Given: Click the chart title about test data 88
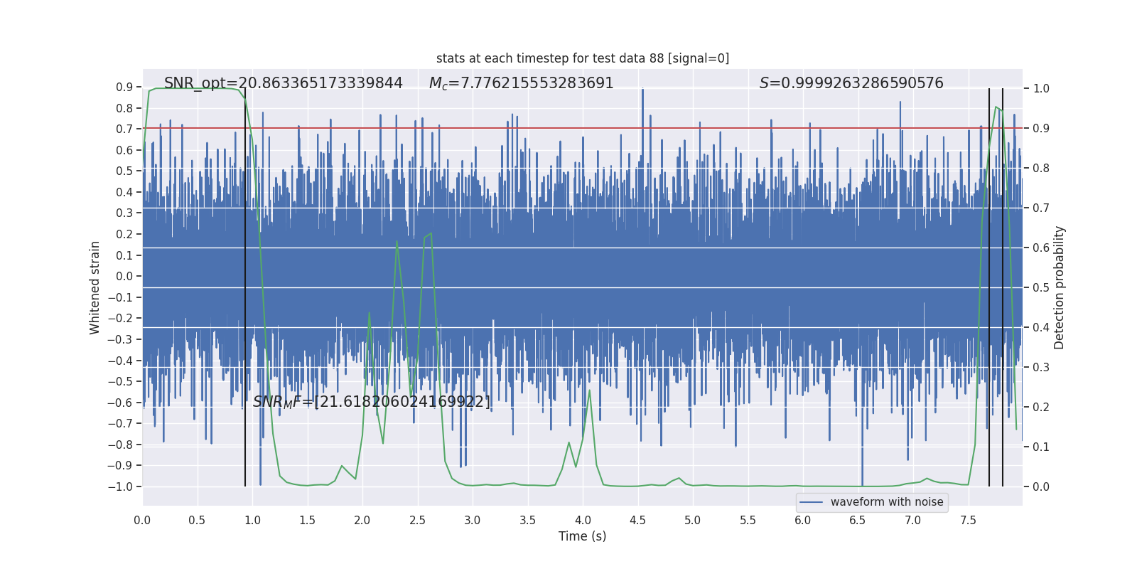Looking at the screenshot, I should tap(583, 58).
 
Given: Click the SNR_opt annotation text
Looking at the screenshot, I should tap(283, 83).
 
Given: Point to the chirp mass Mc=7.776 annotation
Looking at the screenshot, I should tap(521, 83).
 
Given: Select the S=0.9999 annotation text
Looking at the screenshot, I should tap(851, 83).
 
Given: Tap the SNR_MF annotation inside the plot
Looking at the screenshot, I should tap(371, 402).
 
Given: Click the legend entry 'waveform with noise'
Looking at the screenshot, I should tap(886, 502).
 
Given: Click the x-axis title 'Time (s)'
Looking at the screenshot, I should tap(582, 536).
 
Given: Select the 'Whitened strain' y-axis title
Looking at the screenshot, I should tap(95, 287).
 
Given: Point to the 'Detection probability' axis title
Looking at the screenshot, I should tap(1059, 287).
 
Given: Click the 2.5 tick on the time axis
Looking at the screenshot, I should tap(417, 521).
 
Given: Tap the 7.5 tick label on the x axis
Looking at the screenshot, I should tap(968, 521).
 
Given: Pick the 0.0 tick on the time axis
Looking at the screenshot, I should tap(142, 521).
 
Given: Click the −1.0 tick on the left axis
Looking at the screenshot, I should tap(124, 486).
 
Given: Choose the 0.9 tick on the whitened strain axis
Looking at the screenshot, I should tap(124, 87).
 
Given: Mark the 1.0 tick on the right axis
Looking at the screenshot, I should tap(1041, 89).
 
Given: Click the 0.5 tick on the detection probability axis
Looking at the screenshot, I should tap(1041, 288).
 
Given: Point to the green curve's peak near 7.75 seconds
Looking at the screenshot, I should tap(996, 107).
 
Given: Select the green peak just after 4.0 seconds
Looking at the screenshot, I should tap(590, 390).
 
